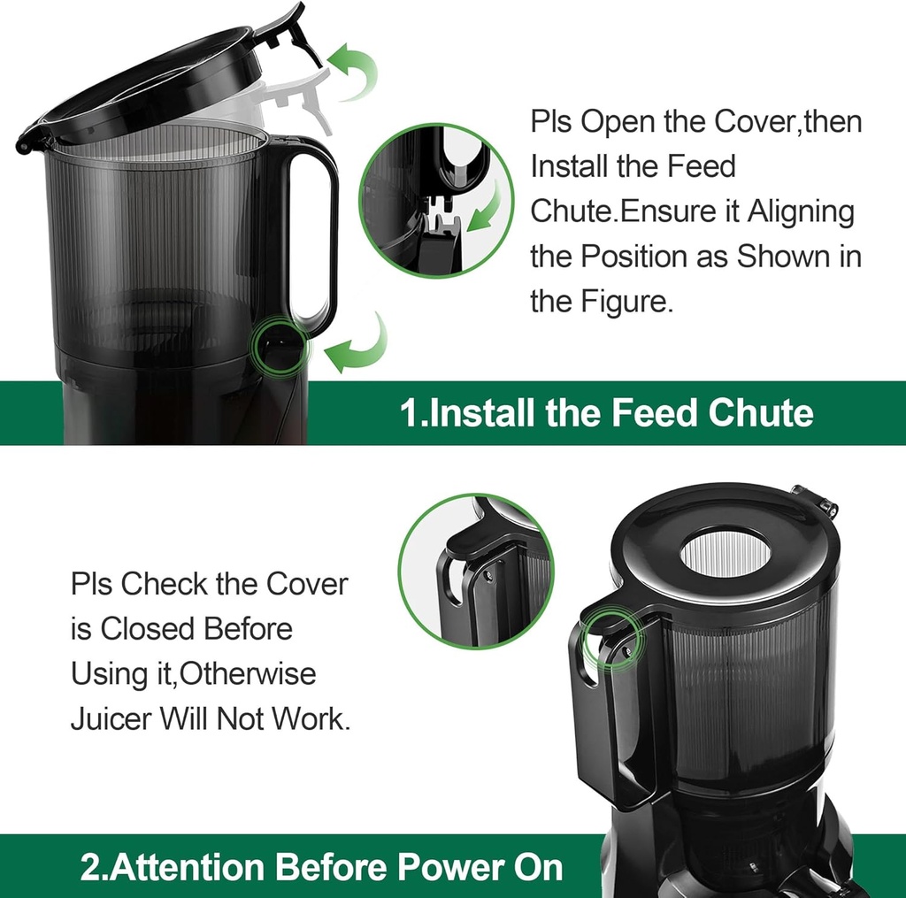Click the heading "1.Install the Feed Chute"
[x=606, y=413]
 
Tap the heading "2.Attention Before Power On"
[x=321, y=867]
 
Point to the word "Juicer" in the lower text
[x=111, y=718]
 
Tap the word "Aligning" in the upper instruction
[x=801, y=212]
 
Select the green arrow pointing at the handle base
[x=358, y=348]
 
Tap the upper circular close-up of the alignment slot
[x=435, y=200]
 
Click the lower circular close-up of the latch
[x=475, y=571]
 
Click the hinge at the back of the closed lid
[x=815, y=501]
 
